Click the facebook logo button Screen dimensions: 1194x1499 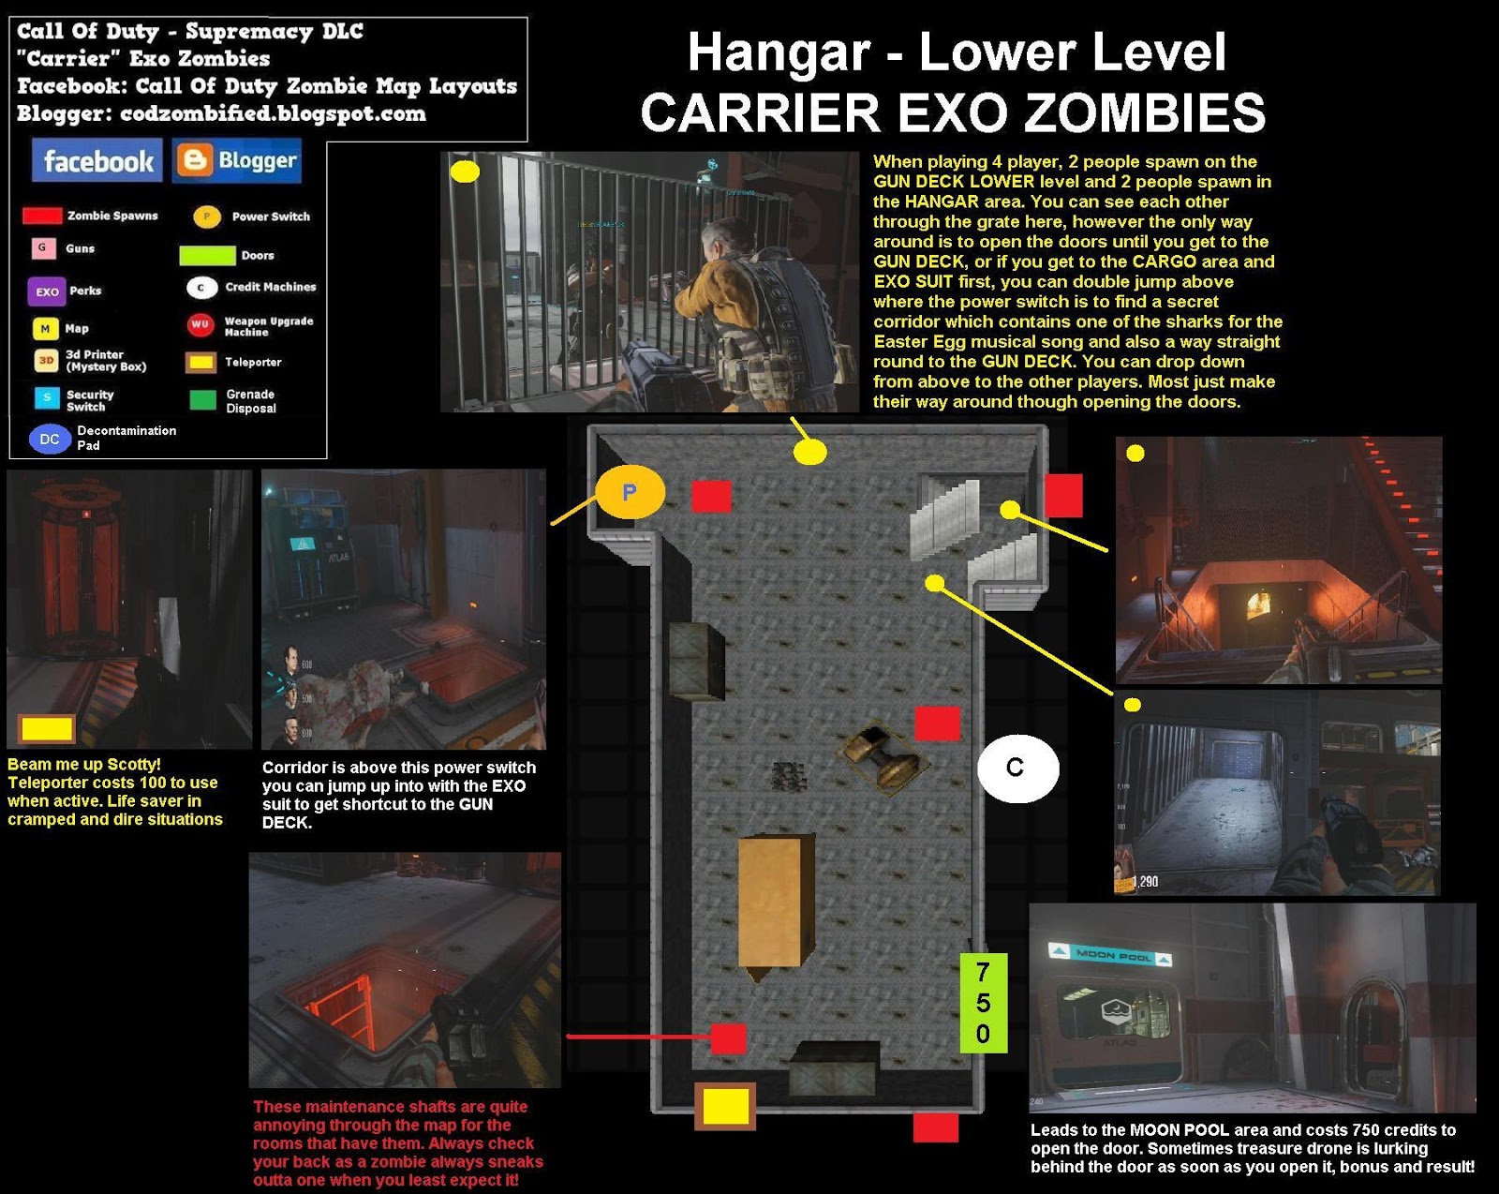tap(96, 161)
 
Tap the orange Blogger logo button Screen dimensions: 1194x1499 tap(238, 161)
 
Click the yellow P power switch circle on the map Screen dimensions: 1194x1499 tap(630, 492)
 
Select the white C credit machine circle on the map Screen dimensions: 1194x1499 tap(1017, 769)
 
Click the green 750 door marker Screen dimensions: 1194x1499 tap(983, 1003)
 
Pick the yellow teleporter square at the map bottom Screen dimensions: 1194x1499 tap(725, 1106)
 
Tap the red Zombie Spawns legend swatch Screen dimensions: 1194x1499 tap(42, 216)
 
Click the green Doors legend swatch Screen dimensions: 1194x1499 tap(207, 255)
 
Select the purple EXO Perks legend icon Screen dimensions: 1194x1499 tap(46, 291)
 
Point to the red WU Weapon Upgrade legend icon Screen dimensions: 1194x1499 tap(200, 325)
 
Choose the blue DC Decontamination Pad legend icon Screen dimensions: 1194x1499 tap(50, 439)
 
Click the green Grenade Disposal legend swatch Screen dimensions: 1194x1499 tap(202, 400)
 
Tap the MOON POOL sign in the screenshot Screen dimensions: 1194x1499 tap(1111, 955)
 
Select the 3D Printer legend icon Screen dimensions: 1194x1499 tap(46, 361)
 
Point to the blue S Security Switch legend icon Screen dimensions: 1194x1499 tap(46, 398)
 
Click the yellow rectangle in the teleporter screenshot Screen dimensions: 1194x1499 tap(47, 727)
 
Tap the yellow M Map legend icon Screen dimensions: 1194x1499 tap(45, 329)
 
